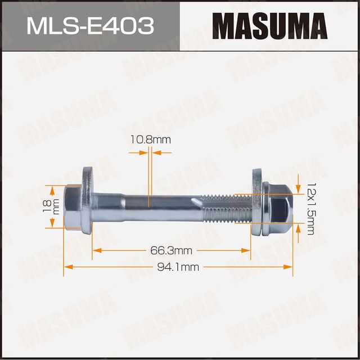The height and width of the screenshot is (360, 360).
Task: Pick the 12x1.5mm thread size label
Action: [310, 204]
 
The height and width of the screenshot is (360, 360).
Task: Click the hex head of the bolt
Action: [72, 206]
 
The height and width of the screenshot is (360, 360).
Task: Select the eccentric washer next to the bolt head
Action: [87, 201]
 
